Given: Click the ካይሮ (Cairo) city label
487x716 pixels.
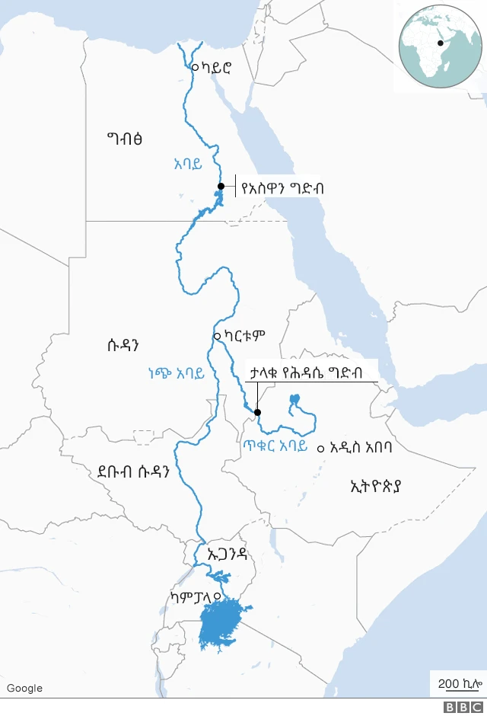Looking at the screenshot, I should pyautogui.click(x=215, y=68).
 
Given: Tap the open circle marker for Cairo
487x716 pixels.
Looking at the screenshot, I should pyautogui.click(x=195, y=67).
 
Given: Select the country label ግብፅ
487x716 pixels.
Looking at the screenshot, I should pyautogui.click(x=126, y=139).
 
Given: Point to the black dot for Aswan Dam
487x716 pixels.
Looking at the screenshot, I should pyautogui.click(x=221, y=186).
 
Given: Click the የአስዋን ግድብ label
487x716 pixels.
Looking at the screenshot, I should pyautogui.click(x=282, y=186).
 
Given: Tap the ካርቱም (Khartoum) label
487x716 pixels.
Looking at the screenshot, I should pyautogui.click(x=245, y=334).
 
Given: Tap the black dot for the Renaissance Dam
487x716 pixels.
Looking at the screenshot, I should pyautogui.click(x=257, y=413).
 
